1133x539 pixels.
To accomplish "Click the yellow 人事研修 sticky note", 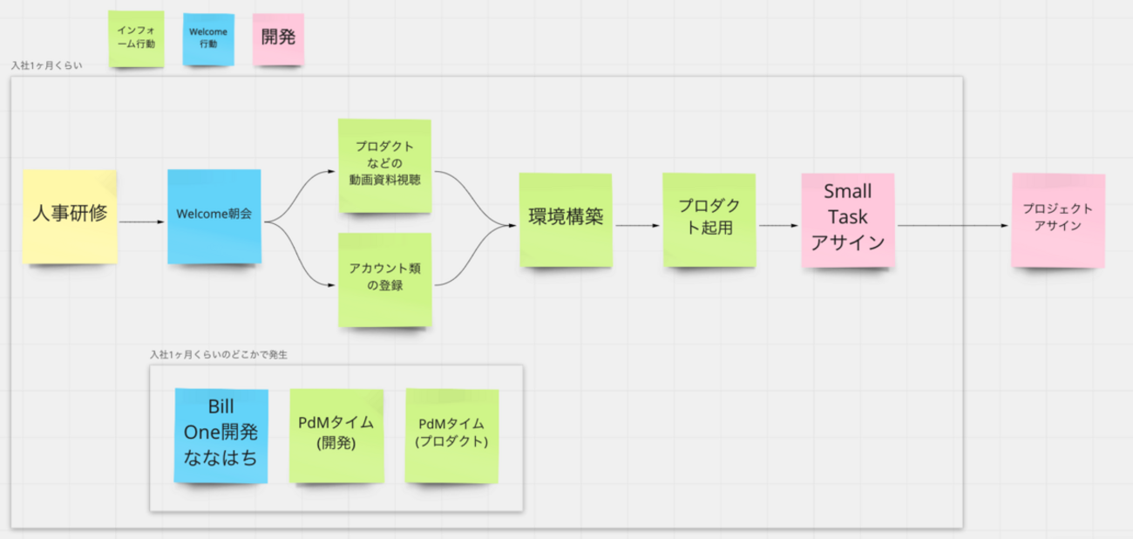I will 70,216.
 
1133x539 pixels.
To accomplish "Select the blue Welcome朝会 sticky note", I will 214,216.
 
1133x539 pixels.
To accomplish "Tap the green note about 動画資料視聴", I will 384,164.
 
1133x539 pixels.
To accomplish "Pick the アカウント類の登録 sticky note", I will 384,278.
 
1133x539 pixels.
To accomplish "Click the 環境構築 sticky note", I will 566,219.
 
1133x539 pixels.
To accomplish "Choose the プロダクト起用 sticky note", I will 708,218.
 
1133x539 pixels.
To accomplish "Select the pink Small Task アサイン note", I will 848,220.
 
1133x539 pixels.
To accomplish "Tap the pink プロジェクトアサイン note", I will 1058,220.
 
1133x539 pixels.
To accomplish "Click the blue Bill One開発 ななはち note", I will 220,434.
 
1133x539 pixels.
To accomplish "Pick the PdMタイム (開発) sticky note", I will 336,434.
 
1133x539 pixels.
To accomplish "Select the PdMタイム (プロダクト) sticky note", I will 451,434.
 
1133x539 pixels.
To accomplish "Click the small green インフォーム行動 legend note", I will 136,38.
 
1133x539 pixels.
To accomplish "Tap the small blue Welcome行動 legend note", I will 209,38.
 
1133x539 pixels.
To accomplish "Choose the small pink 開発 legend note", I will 278,38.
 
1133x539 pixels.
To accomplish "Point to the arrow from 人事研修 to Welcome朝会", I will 141,222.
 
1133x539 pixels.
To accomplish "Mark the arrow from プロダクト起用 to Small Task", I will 778,226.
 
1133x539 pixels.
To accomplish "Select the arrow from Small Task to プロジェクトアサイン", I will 953,226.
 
